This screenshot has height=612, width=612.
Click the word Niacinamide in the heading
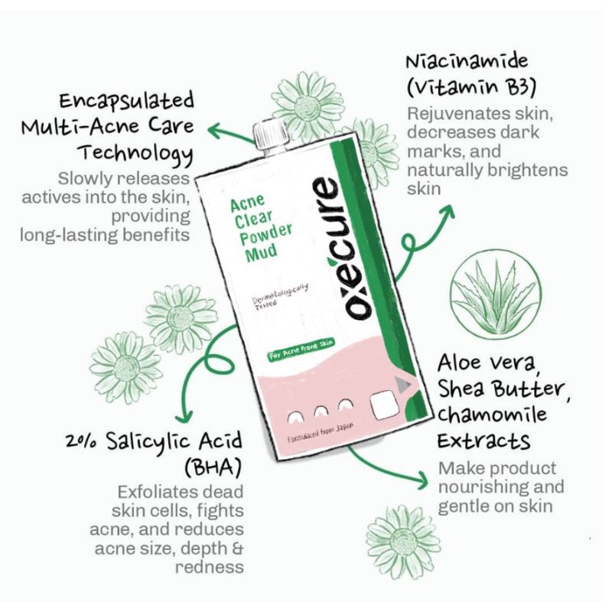coord(467,62)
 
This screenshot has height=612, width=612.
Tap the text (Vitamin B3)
coord(470,88)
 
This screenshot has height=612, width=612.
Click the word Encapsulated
coord(126,101)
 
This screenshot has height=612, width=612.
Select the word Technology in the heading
coord(136,154)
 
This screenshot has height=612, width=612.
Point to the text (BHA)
coord(213,467)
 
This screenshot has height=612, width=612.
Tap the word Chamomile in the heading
coord(492,415)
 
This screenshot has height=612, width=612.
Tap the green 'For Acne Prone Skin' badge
coord(301,350)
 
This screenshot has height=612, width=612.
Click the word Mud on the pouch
coord(262,252)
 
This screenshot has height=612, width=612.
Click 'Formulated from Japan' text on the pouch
coord(321,433)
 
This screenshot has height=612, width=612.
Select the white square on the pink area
coord(385,405)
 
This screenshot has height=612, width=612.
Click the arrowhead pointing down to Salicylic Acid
coord(184,418)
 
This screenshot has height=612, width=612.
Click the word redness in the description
coord(209,567)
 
